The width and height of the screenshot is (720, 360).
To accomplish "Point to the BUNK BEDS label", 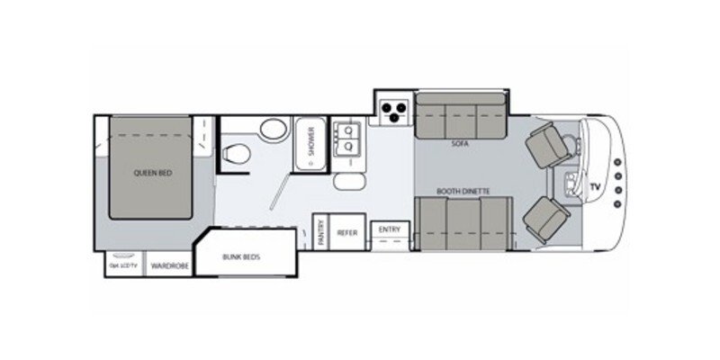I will coord(240,256).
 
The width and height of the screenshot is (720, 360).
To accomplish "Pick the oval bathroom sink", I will coord(272,130).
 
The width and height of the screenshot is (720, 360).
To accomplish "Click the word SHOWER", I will coord(310,141).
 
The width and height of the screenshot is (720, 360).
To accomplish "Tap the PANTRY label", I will coord(320,233).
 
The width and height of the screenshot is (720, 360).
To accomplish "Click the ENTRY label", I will coord(390,229).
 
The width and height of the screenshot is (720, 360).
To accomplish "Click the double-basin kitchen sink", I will coord(348,139).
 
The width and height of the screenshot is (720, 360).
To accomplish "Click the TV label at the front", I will coord(594,186).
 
